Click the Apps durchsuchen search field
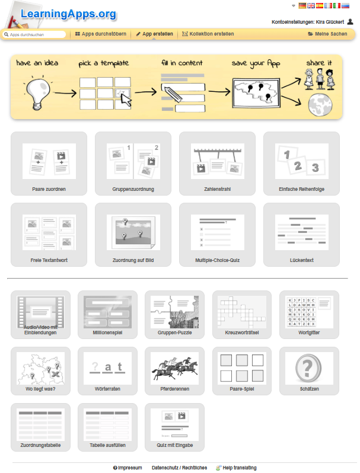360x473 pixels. point(34,34)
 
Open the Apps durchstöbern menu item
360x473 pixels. point(101,34)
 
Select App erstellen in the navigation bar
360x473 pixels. point(155,34)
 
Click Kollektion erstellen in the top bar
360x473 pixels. point(208,34)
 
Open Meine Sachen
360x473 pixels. point(327,34)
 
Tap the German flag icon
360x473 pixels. point(302,6)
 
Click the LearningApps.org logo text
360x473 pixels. point(68,14)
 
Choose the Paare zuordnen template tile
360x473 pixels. point(49,164)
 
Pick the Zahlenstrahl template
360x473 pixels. point(217,164)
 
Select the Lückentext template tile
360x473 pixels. point(301,235)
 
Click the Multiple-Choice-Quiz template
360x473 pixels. point(217,235)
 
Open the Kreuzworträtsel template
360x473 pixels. point(242,315)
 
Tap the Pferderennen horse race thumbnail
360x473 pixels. point(175,368)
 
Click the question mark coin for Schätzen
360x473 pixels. point(308,368)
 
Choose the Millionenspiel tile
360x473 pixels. point(107,315)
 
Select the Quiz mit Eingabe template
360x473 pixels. point(175,427)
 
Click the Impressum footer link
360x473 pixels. point(128,468)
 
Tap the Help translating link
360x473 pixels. point(236,468)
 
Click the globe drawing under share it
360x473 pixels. point(320,105)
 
